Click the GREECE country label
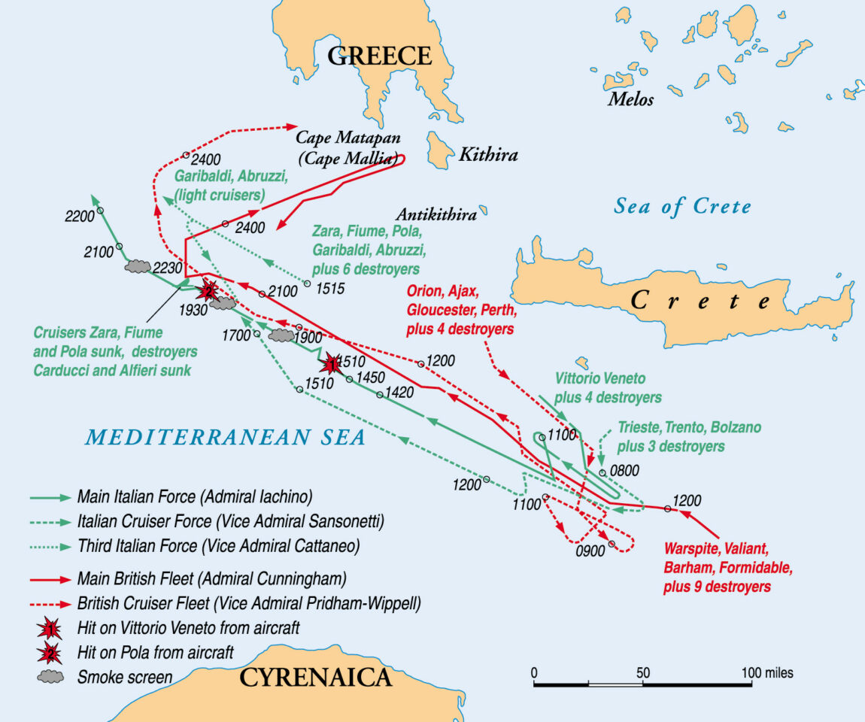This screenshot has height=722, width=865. click(380, 56)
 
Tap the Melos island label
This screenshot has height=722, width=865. click(630, 99)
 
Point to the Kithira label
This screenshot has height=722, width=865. click(488, 156)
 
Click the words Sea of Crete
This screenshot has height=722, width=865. click(682, 206)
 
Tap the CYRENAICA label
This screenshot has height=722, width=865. click(315, 678)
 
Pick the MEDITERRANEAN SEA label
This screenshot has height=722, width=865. click(225, 437)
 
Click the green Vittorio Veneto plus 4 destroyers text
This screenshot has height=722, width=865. click(608, 387)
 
